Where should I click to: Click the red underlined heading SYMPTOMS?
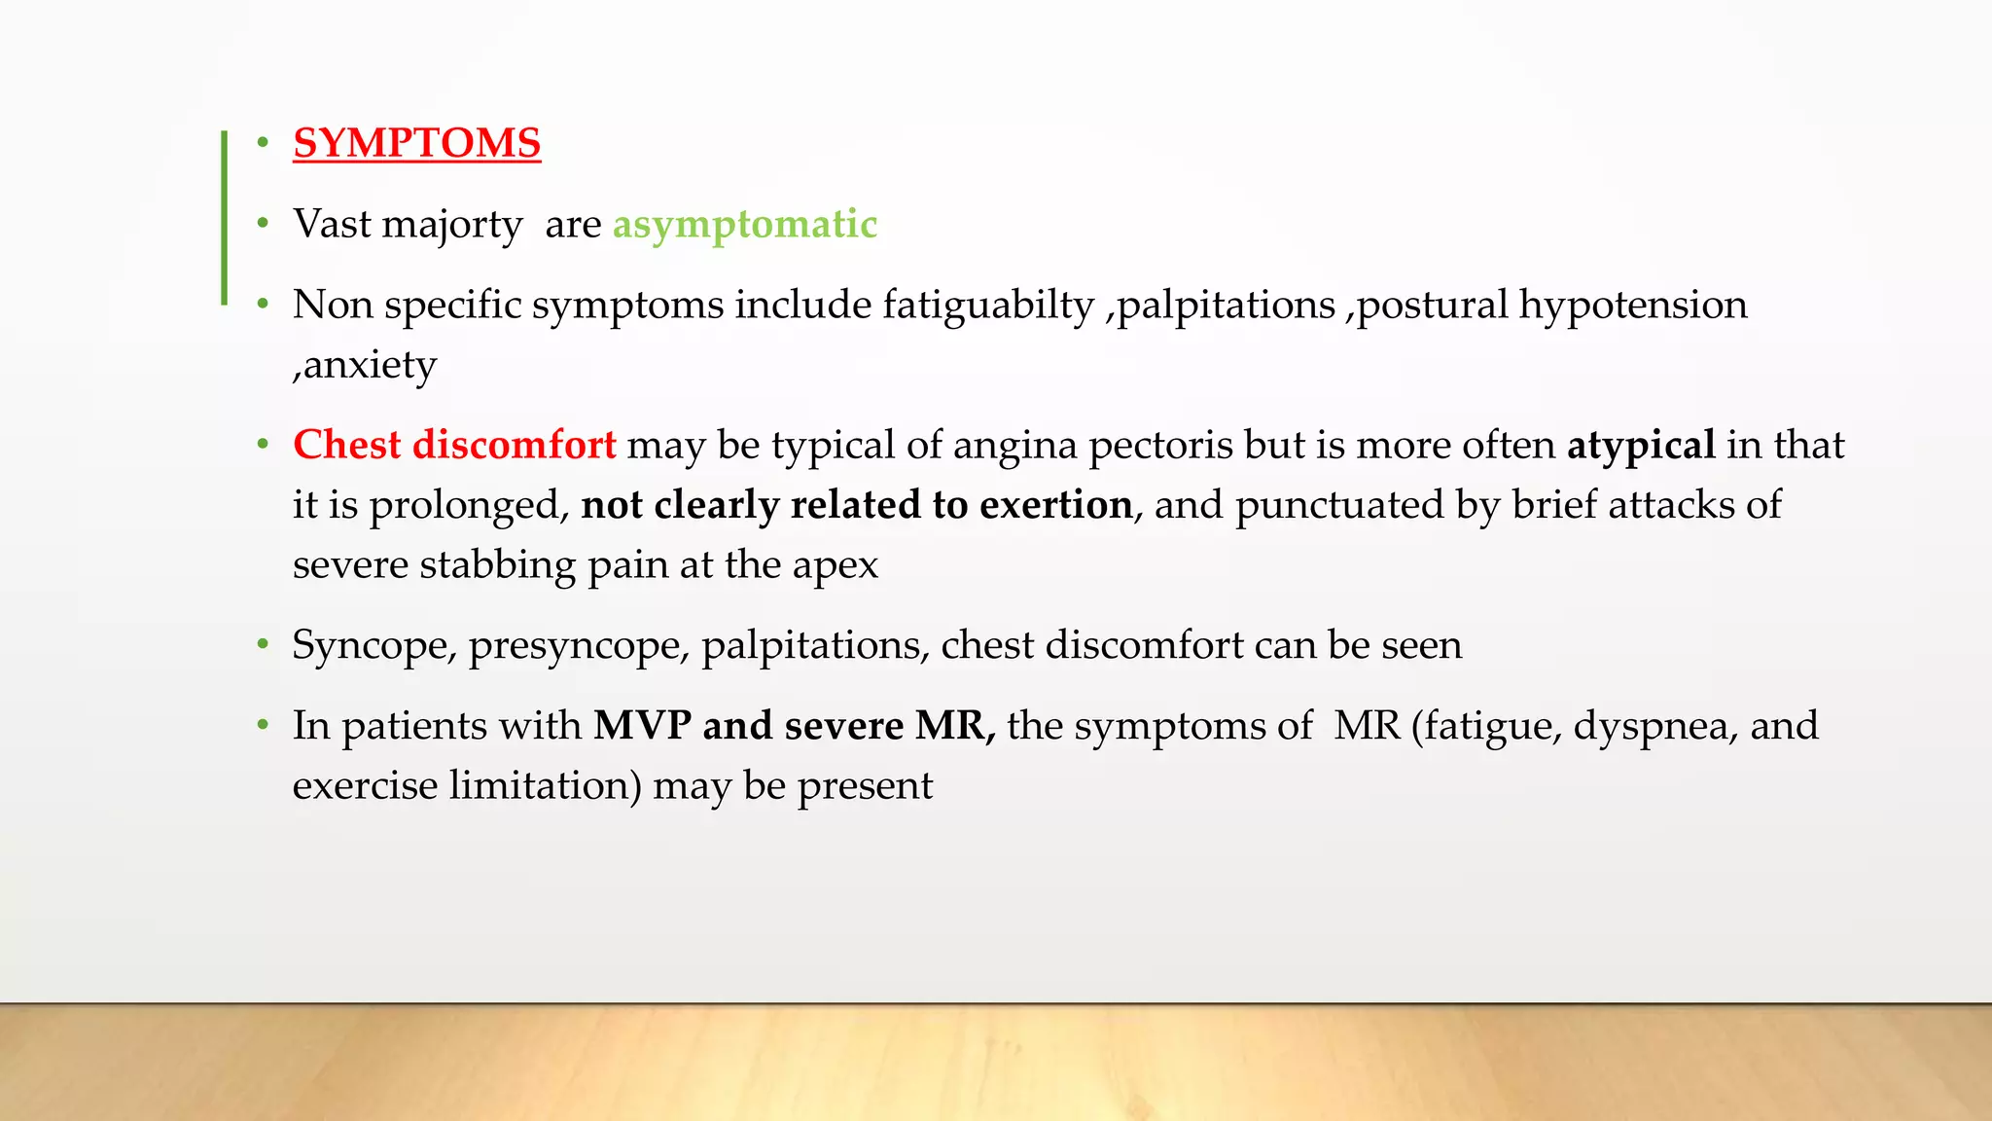pos(416,143)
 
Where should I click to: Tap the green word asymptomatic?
pos(744,224)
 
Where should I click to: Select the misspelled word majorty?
pos(452,225)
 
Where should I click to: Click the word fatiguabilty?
pos(988,306)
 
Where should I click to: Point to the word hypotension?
pos(1633,306)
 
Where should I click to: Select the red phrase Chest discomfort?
pos(454,445)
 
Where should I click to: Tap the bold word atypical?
pos(1641,446)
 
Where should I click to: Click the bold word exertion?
pos(1055,505)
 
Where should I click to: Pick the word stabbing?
pos(498,565)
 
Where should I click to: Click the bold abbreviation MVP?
pos(642,726)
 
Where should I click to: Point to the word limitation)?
pos(545,786)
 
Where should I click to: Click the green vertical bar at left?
pos(224,218)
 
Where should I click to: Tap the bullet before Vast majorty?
pos(262,225)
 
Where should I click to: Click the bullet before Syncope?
pos(262,645)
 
